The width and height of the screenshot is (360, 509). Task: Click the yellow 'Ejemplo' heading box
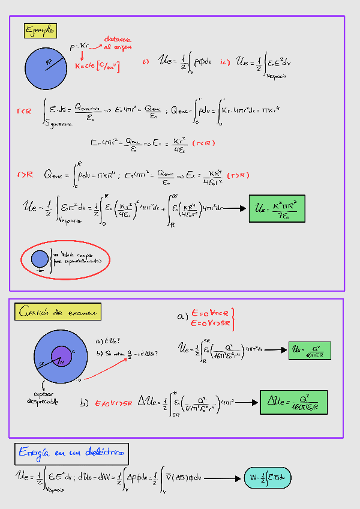[40, 30]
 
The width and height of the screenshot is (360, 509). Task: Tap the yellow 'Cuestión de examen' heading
[58, 312]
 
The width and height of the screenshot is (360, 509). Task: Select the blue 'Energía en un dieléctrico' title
[73, 451]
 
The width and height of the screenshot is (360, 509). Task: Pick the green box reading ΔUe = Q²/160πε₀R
[293, 402]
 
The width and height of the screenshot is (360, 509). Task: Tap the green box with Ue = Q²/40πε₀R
[309, 350]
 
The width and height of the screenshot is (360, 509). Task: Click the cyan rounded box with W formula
[268, 478]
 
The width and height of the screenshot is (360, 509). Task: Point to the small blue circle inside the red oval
[40, 259]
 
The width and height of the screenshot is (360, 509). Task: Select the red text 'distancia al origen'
[117, 41]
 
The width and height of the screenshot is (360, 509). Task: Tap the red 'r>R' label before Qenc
[25, 175]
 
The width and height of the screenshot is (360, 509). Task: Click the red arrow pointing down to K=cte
[82, 56]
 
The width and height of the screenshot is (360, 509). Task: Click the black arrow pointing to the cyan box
[223, 478]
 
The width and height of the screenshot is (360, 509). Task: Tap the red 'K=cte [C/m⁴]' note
[98, 66]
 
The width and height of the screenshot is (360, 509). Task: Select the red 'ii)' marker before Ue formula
[225, 61]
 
